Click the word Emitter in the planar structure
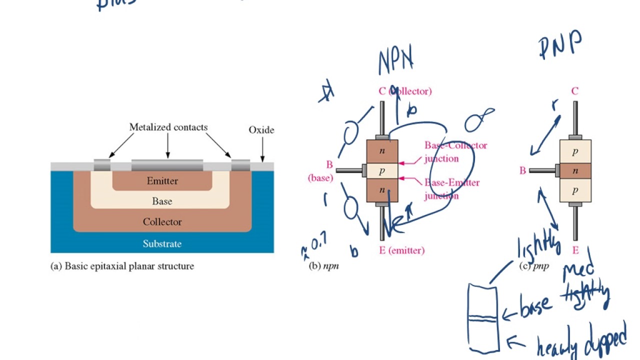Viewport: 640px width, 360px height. [162, 181]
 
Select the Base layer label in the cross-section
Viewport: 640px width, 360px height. [162, 201]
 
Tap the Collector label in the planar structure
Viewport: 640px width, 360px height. [162, 222]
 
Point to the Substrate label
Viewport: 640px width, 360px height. [162, 244]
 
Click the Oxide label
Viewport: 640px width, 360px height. [261, 130]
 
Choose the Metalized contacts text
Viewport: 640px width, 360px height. [168, 127]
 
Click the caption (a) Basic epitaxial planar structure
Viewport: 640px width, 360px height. [122, 266]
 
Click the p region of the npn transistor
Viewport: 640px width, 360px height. [382, 171]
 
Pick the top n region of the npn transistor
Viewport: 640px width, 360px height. [382, 151]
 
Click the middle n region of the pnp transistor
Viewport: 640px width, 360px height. [575, 171]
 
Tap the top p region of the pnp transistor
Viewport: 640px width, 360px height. [575, 151]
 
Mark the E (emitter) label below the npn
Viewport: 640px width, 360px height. [401, 250]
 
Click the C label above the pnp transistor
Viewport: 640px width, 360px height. [575, 91]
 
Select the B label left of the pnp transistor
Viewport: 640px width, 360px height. [522, 171]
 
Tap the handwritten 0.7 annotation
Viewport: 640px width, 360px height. [318, 244]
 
